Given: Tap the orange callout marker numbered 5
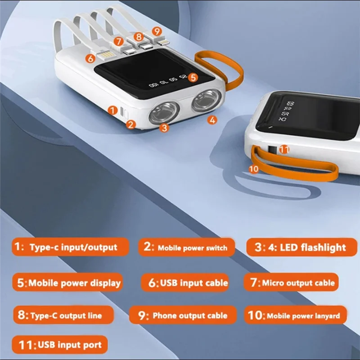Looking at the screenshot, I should coord(193,77).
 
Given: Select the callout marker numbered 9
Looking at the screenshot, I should coord(156,31).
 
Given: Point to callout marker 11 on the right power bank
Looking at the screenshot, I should coord(284,148).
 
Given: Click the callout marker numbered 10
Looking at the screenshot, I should coord(254,169).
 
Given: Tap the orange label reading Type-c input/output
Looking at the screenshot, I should coord(70,247).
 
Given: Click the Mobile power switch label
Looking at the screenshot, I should coord(186,247).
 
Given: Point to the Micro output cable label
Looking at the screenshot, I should coord(292,283).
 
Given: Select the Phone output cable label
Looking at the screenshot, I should coord(183,315).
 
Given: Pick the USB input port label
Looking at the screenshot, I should coord(60,345).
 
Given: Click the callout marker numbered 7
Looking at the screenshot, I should coord(118,41).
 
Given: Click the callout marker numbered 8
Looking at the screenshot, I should coord(139,37).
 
